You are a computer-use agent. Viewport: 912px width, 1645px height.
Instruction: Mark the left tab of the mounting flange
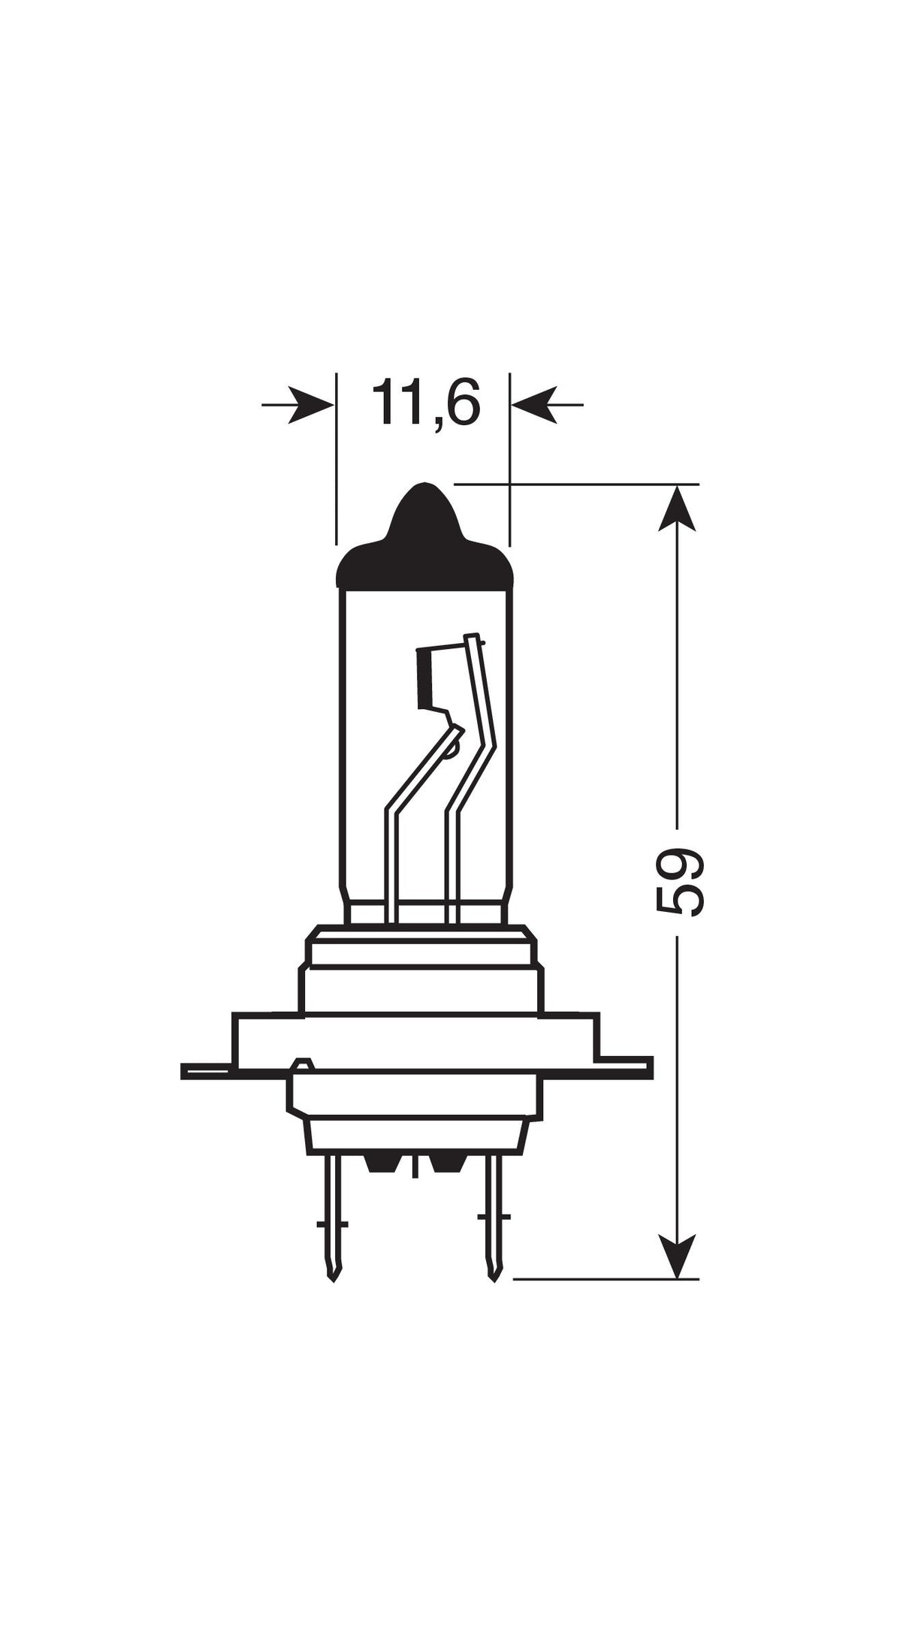pyautogui.click(x=207, y=1070)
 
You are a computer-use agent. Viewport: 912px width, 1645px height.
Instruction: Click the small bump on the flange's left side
pyautogui.click(x=301, y=1062)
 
